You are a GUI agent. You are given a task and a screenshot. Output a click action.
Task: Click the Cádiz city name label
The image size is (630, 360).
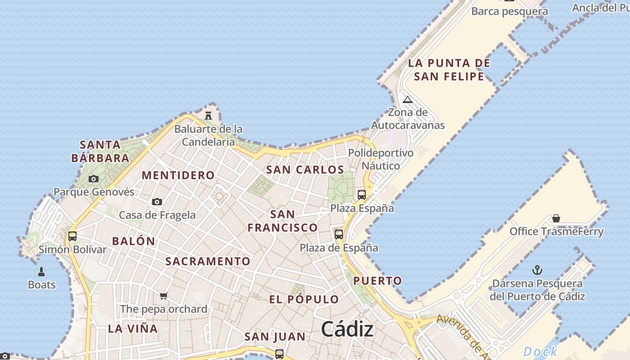347,329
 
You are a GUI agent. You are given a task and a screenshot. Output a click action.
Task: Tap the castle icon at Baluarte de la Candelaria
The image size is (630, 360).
208,115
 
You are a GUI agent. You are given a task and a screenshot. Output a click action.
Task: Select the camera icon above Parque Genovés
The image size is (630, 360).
94,179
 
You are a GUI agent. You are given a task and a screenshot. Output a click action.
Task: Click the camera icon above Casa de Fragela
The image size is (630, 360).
157,202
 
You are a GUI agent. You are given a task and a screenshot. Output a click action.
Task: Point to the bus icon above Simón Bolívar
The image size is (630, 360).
72,236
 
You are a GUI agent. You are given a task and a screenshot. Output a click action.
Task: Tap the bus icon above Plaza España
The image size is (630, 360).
362,195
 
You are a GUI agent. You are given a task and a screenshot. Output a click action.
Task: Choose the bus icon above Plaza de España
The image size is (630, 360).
339,234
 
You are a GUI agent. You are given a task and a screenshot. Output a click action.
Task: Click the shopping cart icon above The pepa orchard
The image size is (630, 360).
164,296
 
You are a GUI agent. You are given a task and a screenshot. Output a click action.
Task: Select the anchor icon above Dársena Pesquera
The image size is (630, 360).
537,270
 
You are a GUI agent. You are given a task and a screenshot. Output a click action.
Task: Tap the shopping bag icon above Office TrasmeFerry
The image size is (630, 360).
556,218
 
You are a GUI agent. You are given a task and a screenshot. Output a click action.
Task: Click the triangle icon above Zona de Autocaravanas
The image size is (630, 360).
407,99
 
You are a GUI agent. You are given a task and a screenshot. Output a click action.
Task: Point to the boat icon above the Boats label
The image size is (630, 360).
41,271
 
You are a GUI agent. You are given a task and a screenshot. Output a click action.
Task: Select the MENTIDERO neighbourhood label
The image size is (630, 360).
178,175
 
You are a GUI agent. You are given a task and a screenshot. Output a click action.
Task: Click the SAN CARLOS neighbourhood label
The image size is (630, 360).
305,170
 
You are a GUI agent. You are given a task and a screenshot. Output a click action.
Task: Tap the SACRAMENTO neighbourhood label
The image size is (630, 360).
207,261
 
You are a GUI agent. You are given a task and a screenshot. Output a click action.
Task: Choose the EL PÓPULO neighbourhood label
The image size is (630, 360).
304,299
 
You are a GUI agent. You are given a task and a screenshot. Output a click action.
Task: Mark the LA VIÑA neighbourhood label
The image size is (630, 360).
133,328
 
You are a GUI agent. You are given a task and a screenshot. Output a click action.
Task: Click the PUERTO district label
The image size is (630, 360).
377,281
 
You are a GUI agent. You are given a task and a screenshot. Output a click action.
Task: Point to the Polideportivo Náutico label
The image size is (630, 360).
381,159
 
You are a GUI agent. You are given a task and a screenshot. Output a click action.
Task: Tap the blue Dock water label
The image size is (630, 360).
540,351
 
